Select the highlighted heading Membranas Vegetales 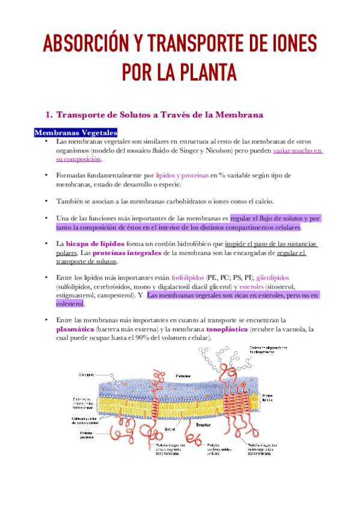[76, 132]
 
